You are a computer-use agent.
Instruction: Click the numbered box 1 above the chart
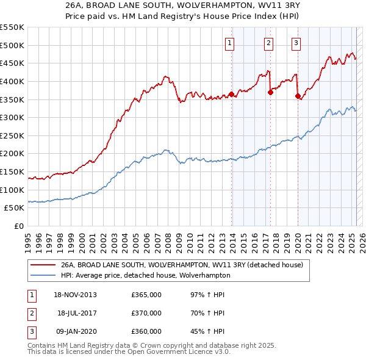[x=230, y=43]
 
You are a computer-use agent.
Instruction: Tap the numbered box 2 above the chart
[x=268, y=43]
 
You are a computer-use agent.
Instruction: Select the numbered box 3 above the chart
[x=296, y=43]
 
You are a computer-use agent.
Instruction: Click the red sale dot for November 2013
[x=232, y=94]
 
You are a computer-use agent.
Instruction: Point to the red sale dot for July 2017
[x=270, y=92]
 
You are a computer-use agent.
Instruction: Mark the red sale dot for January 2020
[x=298, y=96]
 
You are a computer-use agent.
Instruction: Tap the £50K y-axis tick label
[x=15, y=208]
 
